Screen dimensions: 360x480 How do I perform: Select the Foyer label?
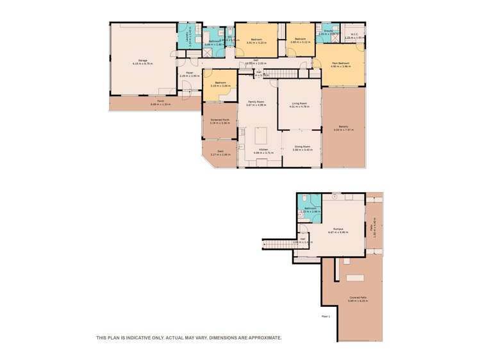tap(190, 74)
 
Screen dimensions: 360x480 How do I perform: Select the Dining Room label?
tap(302, 148)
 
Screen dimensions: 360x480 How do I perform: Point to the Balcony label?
tap(343, 127)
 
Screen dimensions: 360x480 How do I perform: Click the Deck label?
tap(220, 152)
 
